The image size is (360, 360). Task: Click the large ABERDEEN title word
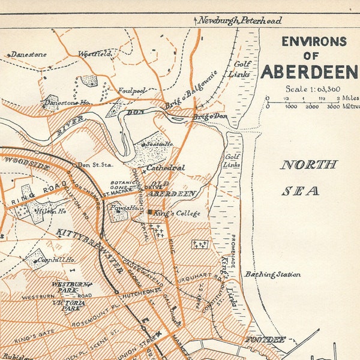click(309, 72)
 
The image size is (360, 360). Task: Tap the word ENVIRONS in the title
click(314, 41)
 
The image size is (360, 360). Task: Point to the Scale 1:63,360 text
click(313, 89)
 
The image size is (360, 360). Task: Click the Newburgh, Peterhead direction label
click(240, 20)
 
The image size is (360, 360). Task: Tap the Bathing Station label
click(272, 274)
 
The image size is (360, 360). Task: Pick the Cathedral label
click(165, 168)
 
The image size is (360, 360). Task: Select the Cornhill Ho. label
click(54, 261)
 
